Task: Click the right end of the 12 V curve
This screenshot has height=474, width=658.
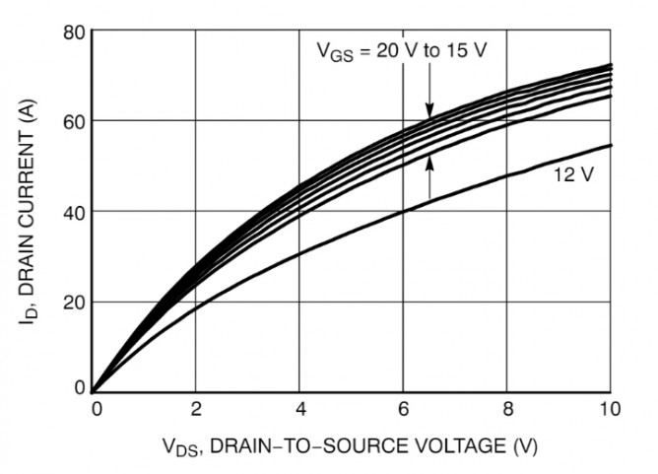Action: click(x=610, y=146)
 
